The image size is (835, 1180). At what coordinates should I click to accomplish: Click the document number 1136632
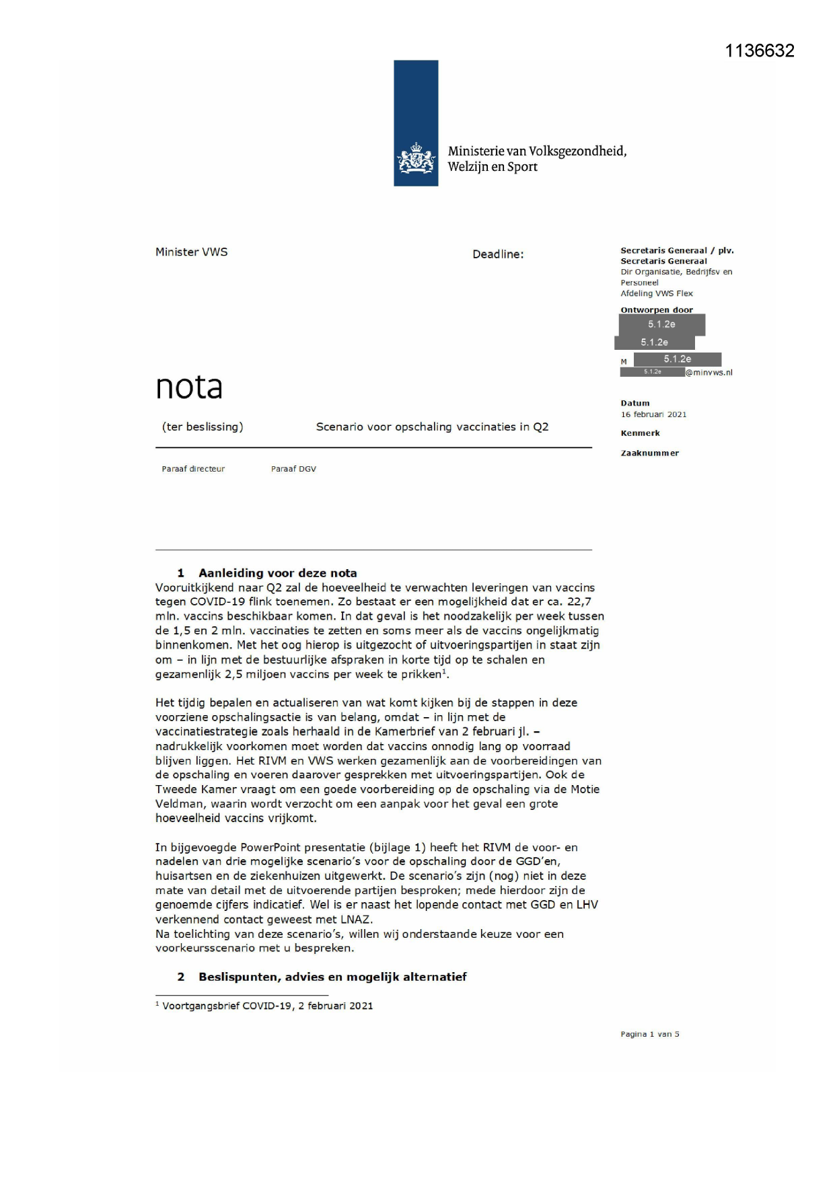[x=760, y=51]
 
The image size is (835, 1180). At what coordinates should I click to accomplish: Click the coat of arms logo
[x=416, y=159]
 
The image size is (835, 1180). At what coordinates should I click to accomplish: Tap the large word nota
[x=189, y=387]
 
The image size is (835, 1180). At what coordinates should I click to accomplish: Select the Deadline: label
[x=498, y=254]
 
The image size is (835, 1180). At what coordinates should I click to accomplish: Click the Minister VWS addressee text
[x=192, y=252]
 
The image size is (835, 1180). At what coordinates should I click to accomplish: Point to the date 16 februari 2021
[x=653, y=414]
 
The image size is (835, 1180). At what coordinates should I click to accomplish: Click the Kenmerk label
[x=640, y=433]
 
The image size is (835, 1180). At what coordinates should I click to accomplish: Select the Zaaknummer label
[x=649, y=453]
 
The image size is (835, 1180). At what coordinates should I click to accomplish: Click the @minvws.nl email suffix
[x=709, y=373]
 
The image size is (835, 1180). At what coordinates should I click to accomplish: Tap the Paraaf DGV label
[x=293, y=469]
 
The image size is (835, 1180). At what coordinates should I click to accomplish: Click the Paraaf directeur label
[x=193, y=469]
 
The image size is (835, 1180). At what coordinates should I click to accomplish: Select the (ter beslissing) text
[x=203, y=427]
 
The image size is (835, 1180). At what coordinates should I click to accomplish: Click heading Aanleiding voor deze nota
[x=277, y=573]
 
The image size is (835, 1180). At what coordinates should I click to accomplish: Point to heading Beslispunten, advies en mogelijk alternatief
[x=332, y=977]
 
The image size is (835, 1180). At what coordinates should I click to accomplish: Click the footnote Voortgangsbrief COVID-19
[x=267, y=1006]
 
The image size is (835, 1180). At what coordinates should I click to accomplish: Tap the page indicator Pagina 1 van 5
[x=649, y=1035]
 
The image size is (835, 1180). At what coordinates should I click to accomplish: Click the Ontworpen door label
[x=656, y=310]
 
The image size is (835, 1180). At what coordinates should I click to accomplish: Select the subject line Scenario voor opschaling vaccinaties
[x=432, y=427]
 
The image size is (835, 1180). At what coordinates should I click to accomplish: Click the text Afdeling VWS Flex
[x=656, y=293]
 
